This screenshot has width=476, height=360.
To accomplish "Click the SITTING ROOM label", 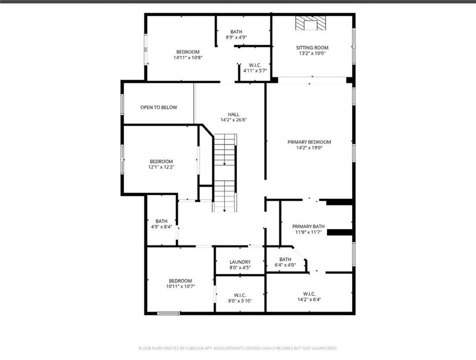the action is coord(312,48).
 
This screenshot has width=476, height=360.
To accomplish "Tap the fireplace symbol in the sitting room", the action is coord(311,23).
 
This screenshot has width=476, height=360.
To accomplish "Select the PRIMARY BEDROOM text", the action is coord(309,142).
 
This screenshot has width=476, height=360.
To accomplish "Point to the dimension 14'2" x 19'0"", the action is coord(309,148).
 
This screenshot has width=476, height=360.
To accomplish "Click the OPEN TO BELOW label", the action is coord(158,107).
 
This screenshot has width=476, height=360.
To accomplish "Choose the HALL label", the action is coord(233,114).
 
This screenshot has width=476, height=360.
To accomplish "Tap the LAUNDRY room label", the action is coord(240,262).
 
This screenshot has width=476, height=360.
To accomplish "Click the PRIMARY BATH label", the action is coord(308,226).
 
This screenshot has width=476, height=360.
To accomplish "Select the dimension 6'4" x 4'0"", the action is coord(285,265).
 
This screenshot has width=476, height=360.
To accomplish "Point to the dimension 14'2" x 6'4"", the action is coord(309,300).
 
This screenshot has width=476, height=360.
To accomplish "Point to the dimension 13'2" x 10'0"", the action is coord(312,53).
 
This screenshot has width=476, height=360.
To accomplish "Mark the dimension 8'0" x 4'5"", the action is coord(240,268).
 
